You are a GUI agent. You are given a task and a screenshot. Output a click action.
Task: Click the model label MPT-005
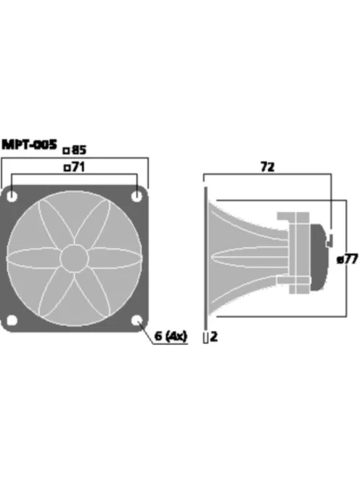pyautogui.click(x=29, y=145)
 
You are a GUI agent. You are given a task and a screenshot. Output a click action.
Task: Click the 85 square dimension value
pyautogui.click(x=79, y=150)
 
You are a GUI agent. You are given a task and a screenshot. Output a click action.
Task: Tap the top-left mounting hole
pyautogui.click(x=15, y=196)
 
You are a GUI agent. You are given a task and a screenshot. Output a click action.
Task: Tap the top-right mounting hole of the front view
pyautogui.click(x=137, y=196)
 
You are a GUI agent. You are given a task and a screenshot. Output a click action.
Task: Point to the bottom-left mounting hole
pyautogui.click(x=15, y=319)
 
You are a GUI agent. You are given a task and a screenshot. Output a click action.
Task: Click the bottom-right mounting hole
pyautogui.click(x=137, y=319)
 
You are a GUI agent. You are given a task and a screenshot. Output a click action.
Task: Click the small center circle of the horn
pyautogui.click(x=75, y=258)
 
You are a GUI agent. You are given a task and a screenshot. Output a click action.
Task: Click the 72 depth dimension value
pyautogui.click(x=267, y=167)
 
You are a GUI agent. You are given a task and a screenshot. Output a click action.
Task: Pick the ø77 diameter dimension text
pyautogui.click(x=348, y=259)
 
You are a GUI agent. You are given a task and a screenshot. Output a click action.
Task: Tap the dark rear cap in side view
pyautogui.click(x=319, y=258)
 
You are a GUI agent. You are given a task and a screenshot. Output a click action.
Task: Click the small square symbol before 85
pyautogui.click(x=67, y=151)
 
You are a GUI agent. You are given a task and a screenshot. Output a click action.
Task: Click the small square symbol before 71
pyautogui.click(x=67, y=168)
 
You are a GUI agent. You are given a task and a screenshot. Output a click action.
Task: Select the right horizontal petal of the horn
pyautogui.click(x=114, y=258)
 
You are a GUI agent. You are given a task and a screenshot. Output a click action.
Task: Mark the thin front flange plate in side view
pyautogui.click(x=206, y=258)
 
